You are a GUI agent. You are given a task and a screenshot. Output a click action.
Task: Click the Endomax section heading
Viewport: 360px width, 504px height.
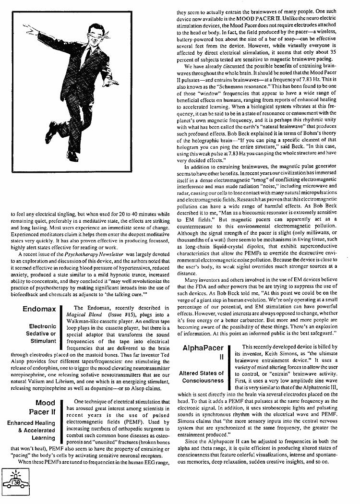[x=39, y=310]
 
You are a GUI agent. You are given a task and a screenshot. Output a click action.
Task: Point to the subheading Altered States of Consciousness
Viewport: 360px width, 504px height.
[x=202, y=377]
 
